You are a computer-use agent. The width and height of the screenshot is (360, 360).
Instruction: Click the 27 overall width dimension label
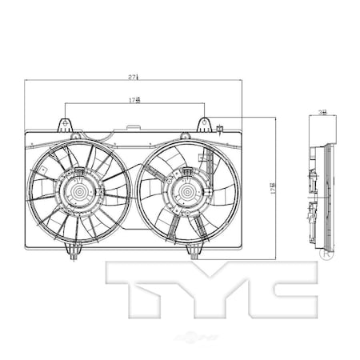click(134, 77)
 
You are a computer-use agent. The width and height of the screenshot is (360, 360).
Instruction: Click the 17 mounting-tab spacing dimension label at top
click(134, 101)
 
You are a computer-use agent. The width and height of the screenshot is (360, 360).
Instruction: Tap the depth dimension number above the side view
click(322, 114)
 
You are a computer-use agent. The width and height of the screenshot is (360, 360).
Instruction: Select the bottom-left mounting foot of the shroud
click(74, 253)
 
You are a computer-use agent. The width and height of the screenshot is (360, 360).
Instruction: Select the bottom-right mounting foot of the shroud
click(194, 252)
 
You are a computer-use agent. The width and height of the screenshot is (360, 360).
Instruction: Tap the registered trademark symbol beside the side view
click(325, 257)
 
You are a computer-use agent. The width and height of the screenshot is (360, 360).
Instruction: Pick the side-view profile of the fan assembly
click(319, 192)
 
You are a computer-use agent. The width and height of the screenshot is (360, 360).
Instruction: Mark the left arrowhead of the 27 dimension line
click(27, 80)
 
